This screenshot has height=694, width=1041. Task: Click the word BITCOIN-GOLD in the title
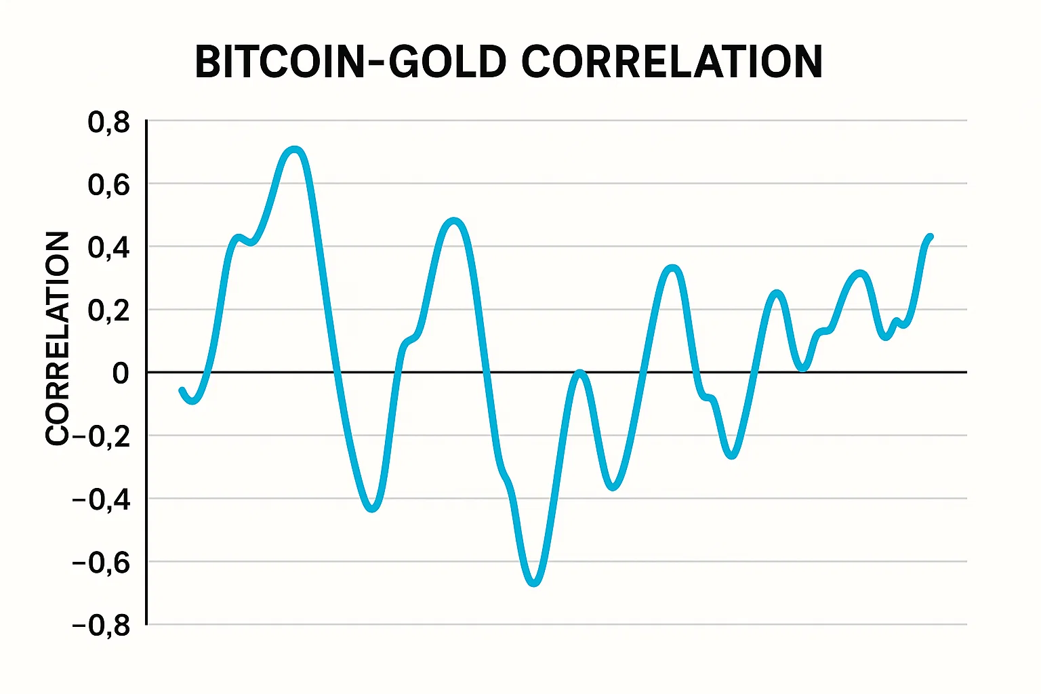point(350,62)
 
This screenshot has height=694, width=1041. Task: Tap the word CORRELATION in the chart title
point(672,62)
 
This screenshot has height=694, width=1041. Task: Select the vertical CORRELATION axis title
point(58,338)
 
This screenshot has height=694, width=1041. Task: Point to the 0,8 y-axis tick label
point(108,123)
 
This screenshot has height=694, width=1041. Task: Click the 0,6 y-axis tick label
point(108,184)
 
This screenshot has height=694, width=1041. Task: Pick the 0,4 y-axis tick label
point(108,247)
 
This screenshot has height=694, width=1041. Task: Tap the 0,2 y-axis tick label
point(108,310)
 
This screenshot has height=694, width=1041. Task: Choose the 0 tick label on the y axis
point(121,373)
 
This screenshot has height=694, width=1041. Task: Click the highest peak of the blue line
point(294,150)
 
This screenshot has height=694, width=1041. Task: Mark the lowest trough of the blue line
point(534,582)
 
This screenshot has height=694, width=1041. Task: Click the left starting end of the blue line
point(182,390)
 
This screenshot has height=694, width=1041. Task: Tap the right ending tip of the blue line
point(931,237)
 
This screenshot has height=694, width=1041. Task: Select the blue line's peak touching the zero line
point(579,373)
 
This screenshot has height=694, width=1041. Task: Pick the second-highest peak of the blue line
point(454,222)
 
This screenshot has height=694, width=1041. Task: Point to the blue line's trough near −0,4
point(372,508)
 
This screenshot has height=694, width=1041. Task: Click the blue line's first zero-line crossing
point(206,373)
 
